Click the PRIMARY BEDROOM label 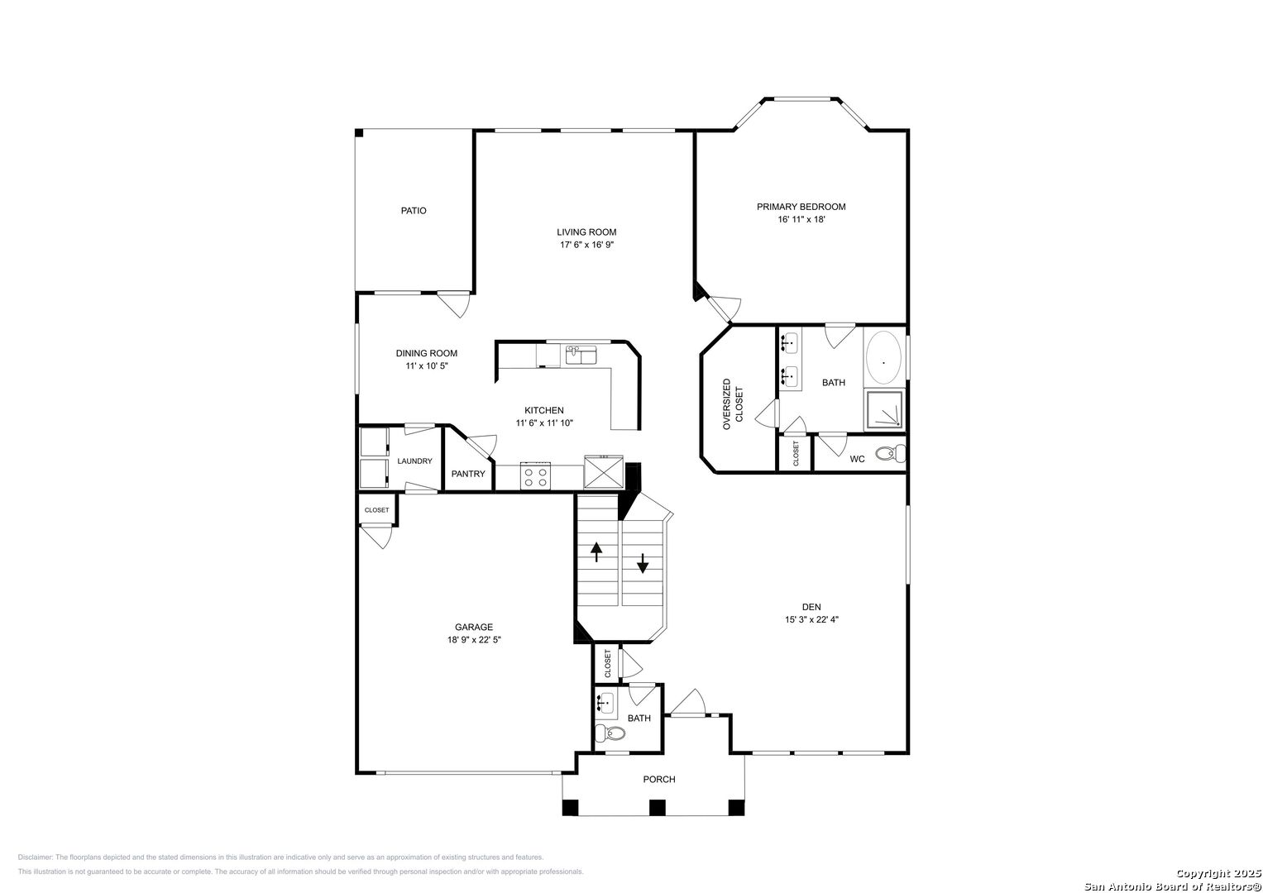(x=801, y=207)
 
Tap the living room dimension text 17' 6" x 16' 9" (x=586, y=245)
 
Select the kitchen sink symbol (x=582, y=356)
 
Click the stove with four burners (x=535, y=476)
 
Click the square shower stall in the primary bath (x=884, y=410)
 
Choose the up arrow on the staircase (x=596, y=552)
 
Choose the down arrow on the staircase (x=643, y=566)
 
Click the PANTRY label (x=468, y=474)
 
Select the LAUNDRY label (x=414, y=461)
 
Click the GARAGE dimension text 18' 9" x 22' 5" (x=473, y=639)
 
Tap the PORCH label (x=659, y=779)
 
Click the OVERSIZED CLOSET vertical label (x=733, y=404)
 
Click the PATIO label (x=414, y=211)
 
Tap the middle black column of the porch (x=657, y=807)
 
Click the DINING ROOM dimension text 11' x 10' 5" (x=427, y=365)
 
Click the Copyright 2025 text (x=1218, y=873)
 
